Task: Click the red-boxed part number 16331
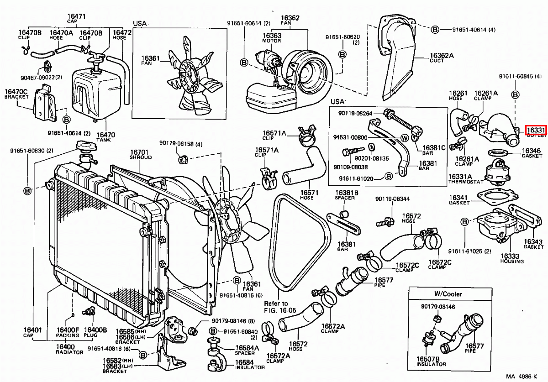535,130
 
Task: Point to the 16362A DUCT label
441,58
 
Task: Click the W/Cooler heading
448,294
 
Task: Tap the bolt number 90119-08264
355,113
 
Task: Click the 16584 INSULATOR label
249,364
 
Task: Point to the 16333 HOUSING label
511,258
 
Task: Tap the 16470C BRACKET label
16,94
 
